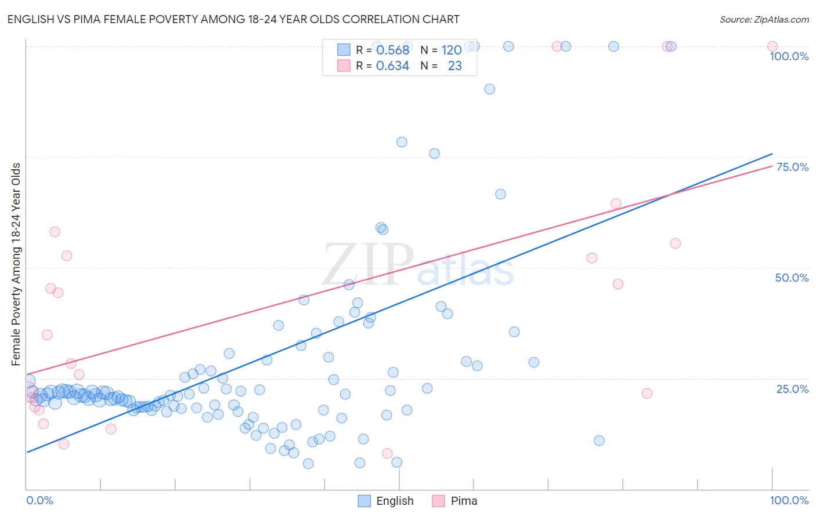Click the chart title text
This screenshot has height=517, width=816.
tap(233, 20)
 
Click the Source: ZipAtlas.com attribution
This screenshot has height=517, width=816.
tap(764, 20)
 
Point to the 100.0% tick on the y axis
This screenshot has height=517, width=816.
tap(789, 56)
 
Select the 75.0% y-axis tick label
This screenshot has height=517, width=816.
tap(792, 167)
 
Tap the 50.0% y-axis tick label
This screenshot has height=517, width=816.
tap(792, 278)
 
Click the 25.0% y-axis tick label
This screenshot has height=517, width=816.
tap(792, 389)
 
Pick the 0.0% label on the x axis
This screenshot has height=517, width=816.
tap(39, 500)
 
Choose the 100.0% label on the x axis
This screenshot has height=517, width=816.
tap(789, 500)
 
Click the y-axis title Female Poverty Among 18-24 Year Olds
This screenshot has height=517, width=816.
tap(16, 264)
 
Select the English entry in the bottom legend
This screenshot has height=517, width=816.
tap(386, 501)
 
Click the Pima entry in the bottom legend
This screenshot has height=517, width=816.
tap(454, 501)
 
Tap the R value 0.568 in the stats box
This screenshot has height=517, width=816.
tap(392, 50)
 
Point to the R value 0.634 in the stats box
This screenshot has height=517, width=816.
tap(392, 66)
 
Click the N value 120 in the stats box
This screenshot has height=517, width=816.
tap(452, 50)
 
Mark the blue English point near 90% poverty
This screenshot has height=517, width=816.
tap(489, 89)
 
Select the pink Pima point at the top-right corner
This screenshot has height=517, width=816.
tap(772, 46)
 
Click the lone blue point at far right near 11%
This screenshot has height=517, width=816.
tap(599, 440)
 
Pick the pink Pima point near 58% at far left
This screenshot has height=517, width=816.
tap(55, 232)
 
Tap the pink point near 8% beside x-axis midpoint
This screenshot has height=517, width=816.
tap(387, 453)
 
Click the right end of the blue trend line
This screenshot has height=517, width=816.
tap(772, 154)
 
